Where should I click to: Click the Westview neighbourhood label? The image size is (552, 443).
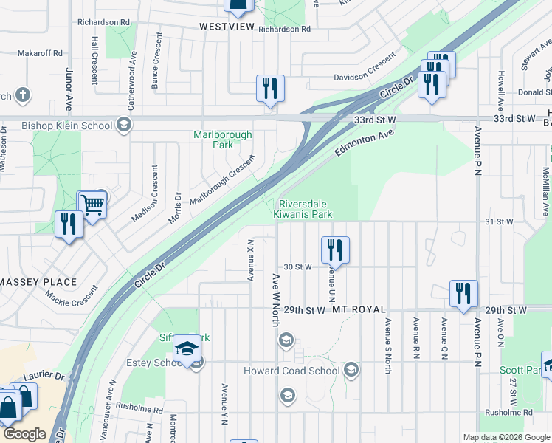[227, 27]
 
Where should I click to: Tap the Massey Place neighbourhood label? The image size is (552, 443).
[38, 282]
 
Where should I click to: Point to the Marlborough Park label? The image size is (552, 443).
[222, 140]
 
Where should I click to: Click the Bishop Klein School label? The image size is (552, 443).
[67, 126]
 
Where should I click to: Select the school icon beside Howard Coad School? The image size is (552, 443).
[352, 369]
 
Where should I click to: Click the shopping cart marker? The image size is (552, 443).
[93, 205]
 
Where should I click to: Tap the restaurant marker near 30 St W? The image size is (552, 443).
[335, 250]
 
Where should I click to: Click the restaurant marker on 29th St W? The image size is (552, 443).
[463, 293]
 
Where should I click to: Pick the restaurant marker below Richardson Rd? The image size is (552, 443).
[270, 89]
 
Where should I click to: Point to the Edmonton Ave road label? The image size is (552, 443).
[365, 142]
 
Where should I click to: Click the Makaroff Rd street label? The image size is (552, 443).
[41, 54]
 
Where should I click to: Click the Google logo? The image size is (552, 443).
[26, 434]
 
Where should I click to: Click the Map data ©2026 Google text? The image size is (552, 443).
[506, 437]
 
